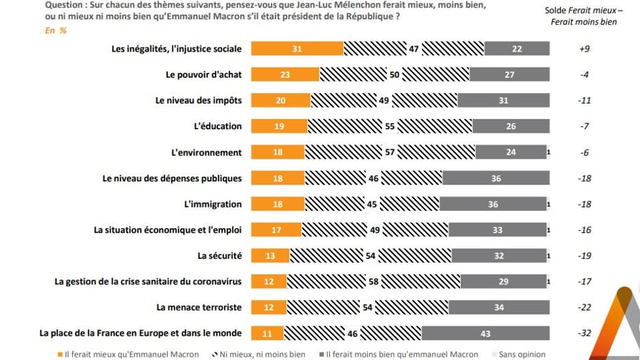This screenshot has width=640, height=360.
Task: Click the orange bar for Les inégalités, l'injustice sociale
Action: (297, 48)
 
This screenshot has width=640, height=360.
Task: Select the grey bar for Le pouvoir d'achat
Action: (510, 74)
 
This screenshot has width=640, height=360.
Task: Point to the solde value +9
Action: (584, 49)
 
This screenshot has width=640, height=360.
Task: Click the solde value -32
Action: (584, 333)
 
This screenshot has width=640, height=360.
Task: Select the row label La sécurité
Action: (219, 256)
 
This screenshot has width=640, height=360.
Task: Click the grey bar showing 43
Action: (486, 333)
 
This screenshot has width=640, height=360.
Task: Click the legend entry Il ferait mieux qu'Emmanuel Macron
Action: (128, 354)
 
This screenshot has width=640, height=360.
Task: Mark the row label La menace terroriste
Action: (199, 307)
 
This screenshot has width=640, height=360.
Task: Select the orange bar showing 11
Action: (268, 333)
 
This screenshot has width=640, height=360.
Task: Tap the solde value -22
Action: (584, 307)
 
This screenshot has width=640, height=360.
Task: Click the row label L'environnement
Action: (206, 153)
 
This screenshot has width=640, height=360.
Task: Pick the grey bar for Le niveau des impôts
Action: (503, 100)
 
